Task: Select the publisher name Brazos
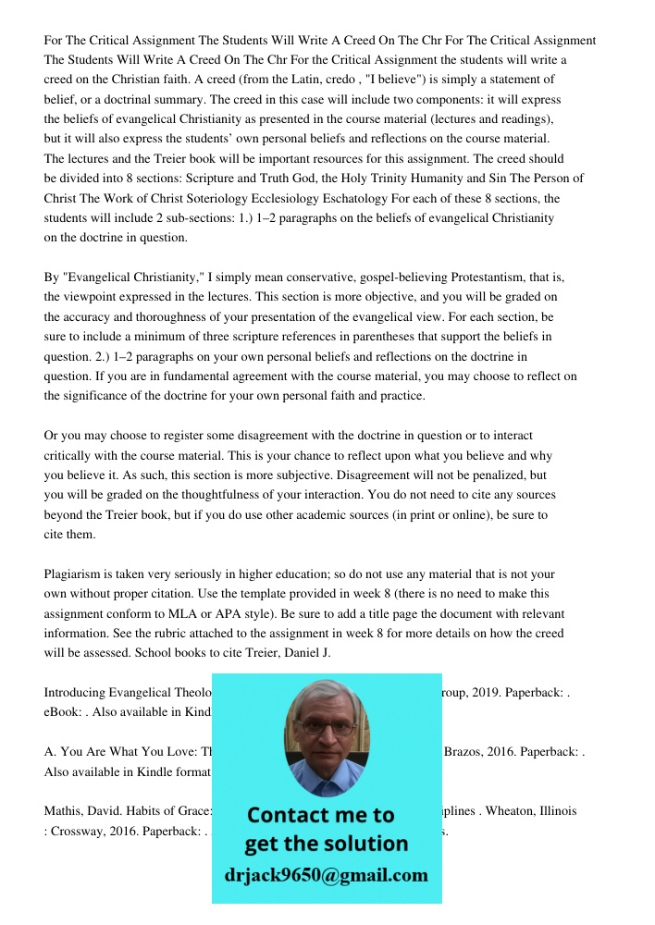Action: pyautogui.click(x=464, y=752)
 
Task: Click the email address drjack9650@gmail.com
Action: pyautogui.click(x=327, y=875)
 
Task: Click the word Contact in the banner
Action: pyautogui.click(x=293, y=815)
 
